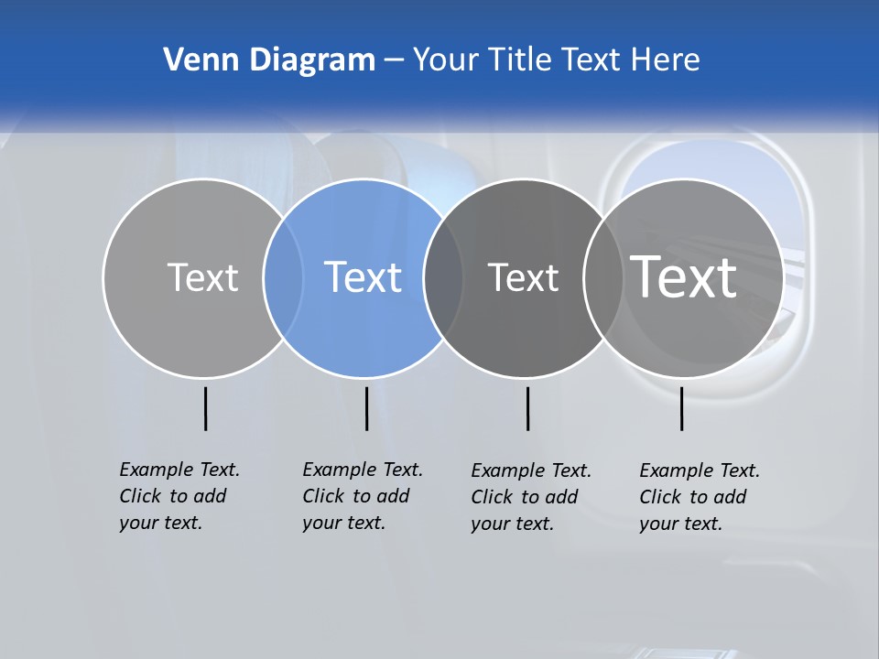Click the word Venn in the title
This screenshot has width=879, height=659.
(195, 60)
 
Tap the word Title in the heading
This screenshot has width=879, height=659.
(520, 60)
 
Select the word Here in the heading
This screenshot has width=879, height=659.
(665, 60)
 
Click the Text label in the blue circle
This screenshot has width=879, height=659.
(364, 277)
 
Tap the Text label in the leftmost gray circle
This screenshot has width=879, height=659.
(202, 277)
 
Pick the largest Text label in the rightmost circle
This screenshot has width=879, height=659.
(684, 276)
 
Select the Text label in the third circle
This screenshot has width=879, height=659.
(523, 277)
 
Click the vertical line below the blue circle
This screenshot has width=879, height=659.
(366, 408)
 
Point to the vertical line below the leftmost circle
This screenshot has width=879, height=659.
(205, 408)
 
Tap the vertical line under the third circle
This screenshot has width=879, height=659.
(527, 408)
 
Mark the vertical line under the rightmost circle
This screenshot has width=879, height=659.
(681, 408)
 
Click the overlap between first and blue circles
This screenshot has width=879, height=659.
(283, 277)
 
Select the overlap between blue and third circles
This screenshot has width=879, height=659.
(443, 277)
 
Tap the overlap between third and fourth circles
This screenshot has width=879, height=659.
(603, 277)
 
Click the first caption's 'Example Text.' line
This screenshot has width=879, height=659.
(179, 470)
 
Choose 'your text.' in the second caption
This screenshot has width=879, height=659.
(343, 523)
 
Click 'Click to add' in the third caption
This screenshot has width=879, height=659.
(525, 497)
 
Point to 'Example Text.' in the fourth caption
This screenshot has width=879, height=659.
(700, 470)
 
